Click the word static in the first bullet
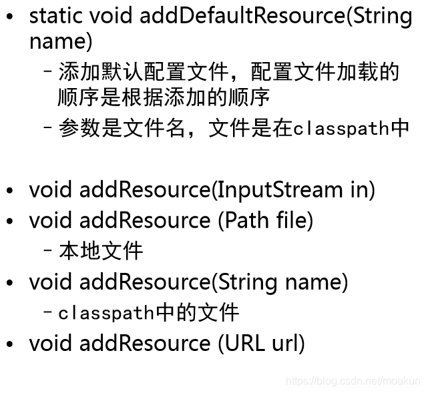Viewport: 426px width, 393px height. tap(50, 16)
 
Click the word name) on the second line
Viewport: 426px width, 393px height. tap(61, 41)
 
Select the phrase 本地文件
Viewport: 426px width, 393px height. tap(101, 251)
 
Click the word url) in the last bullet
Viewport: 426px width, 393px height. tap(288, 343)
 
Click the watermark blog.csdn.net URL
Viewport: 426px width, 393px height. tap(353, 381)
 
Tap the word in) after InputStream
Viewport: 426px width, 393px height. tap(363, 189)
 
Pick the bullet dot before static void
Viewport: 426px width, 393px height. tap(9, 17)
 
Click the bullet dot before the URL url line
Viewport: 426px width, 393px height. tap(9, 344)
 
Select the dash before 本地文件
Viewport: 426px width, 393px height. tap(48, 252)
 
